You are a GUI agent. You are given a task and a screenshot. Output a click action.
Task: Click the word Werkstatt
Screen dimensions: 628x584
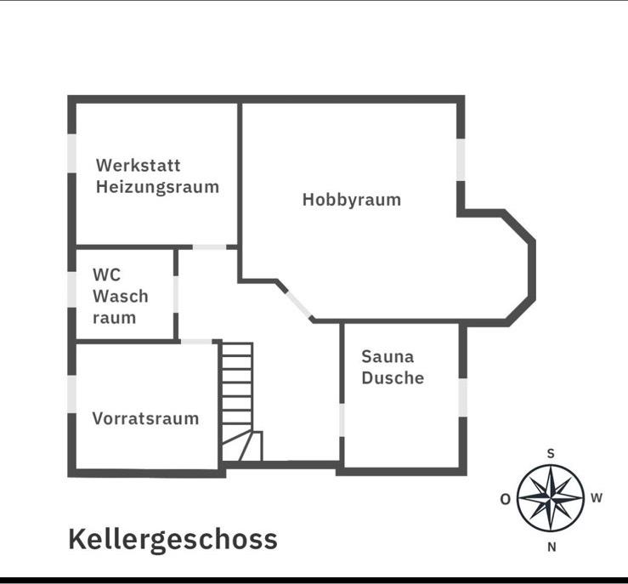(x=138, y=165)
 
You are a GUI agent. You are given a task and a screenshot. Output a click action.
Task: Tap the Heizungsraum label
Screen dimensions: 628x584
(x=157, y=186)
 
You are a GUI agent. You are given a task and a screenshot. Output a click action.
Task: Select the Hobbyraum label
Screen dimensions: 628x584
(x=351, y=200)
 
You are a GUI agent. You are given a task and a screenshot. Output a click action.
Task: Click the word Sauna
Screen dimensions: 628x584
(x=388, y=356)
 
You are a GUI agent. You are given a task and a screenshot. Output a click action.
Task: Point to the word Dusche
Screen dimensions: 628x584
(x=393, y=377)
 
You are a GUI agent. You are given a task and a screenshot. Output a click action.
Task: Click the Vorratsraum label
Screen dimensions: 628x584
(x=145, y=418)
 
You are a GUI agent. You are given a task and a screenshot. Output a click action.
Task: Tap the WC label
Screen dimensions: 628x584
(x=106, y=275)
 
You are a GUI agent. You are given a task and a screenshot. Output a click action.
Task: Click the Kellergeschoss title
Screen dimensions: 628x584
(x=173, y=539)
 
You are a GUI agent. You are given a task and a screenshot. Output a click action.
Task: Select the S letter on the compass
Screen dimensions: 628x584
(x=551, y=454)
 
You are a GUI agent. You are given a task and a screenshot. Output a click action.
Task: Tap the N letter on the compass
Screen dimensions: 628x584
(x=552, y=547)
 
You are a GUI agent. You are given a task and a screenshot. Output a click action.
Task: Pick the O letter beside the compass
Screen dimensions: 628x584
(x=505, y=499)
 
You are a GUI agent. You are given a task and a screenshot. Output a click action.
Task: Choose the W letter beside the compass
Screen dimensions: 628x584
(x=596, y=498)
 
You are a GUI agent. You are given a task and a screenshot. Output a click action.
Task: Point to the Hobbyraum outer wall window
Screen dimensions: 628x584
(x=461, y=159)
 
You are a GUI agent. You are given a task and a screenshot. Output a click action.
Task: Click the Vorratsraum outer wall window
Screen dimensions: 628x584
(x=72, y=394)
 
